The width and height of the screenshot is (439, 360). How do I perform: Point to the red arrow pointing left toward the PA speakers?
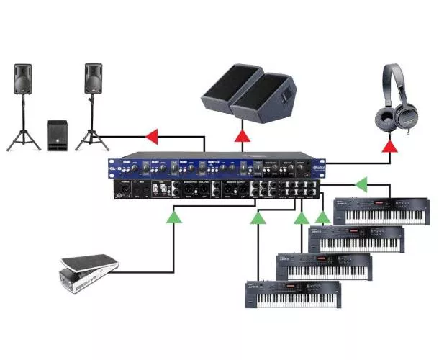coord(152,135)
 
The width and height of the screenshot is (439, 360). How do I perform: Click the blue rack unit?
coord(214,168)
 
